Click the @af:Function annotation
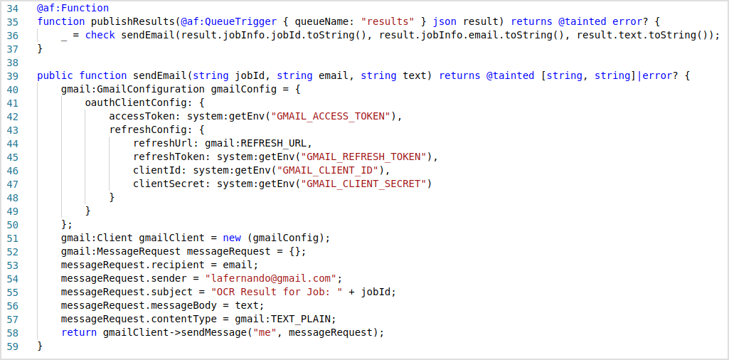pos(73,8)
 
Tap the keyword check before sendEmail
pos(100,35)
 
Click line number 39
pos(11,75)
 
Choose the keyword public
pos(55,75)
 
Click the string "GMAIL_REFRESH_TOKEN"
pos(366,157)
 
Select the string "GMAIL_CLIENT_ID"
pos(330,170)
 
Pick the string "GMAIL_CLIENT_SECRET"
pos(366,184)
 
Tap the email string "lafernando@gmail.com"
pos(270,278)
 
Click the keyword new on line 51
pos(232,238)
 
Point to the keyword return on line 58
pos(79,332)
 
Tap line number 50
pos(11,224)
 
